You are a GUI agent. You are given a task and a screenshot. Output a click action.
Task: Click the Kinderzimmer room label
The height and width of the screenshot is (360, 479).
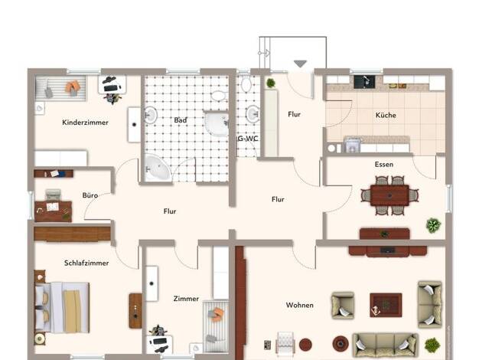[85, 123]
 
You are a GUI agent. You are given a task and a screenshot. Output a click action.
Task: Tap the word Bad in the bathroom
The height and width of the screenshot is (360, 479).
[181, 120]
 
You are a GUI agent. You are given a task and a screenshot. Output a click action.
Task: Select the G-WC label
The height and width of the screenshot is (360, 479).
[248, 139]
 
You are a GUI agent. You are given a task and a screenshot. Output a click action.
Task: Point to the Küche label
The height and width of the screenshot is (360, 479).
[386, 115]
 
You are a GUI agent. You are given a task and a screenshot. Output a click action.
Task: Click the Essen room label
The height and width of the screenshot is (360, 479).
[384, 164]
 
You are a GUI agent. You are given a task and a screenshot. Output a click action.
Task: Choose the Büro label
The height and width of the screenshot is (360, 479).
[90, 195]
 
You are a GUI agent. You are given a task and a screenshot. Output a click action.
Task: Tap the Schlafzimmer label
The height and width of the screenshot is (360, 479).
[86, 263]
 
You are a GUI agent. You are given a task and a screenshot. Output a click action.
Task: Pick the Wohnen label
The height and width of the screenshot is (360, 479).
[300, 305]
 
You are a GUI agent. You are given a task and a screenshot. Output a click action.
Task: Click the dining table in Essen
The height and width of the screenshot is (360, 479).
[389, 195]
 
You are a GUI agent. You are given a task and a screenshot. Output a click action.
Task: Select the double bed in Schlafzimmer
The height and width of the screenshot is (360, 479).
[63, 307]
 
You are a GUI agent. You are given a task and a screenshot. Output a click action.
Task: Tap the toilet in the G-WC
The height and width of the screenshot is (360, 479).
[246, 83]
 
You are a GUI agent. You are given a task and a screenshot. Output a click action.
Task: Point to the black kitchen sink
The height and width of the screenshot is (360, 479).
[364, 82]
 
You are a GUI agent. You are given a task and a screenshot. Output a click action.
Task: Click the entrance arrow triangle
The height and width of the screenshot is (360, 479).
[300, 64]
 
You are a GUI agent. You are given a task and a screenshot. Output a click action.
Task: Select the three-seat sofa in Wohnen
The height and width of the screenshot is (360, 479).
[385, 345]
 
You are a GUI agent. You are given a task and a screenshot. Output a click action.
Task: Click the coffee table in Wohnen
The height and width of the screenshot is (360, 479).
[386, 305]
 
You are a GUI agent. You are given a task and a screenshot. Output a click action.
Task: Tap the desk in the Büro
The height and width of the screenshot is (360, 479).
[53, 211]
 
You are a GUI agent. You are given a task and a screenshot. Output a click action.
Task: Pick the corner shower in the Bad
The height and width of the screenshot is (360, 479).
[217, 123]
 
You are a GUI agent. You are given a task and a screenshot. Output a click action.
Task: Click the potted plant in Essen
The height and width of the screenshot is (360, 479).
[433, 225]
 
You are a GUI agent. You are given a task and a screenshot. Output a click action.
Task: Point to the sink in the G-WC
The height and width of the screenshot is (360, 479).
[253, 114]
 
